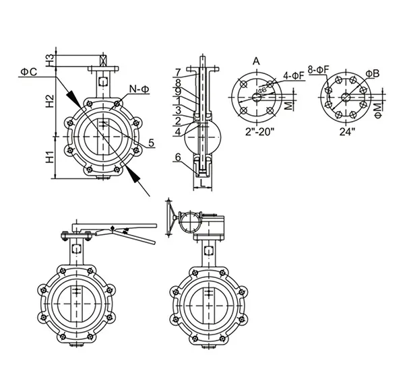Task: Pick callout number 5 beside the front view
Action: click(x=152, y=143)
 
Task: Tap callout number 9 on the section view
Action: click(x=177, y=91)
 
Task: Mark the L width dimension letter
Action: click(x=202, y=183)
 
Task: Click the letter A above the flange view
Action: click(x=256, y=61)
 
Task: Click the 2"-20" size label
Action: click(x=257, y=132)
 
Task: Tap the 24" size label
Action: click(x=346, y=132)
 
